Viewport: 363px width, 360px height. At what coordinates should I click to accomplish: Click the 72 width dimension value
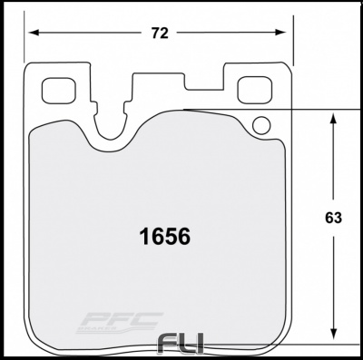(160, 34)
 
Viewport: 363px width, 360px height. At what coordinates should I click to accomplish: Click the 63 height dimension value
(332, 218)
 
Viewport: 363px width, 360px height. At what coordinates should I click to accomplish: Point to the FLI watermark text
(180, 345)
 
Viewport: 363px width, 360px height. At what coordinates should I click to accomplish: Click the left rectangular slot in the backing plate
(59, 91)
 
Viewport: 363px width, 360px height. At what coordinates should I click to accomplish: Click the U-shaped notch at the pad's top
(113, 127)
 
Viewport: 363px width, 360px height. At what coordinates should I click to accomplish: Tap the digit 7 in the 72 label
(154, 34)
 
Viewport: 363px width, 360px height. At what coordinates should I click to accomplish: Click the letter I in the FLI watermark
(198, 345)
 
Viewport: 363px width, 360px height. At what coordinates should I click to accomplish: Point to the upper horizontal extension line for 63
(272, 111)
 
